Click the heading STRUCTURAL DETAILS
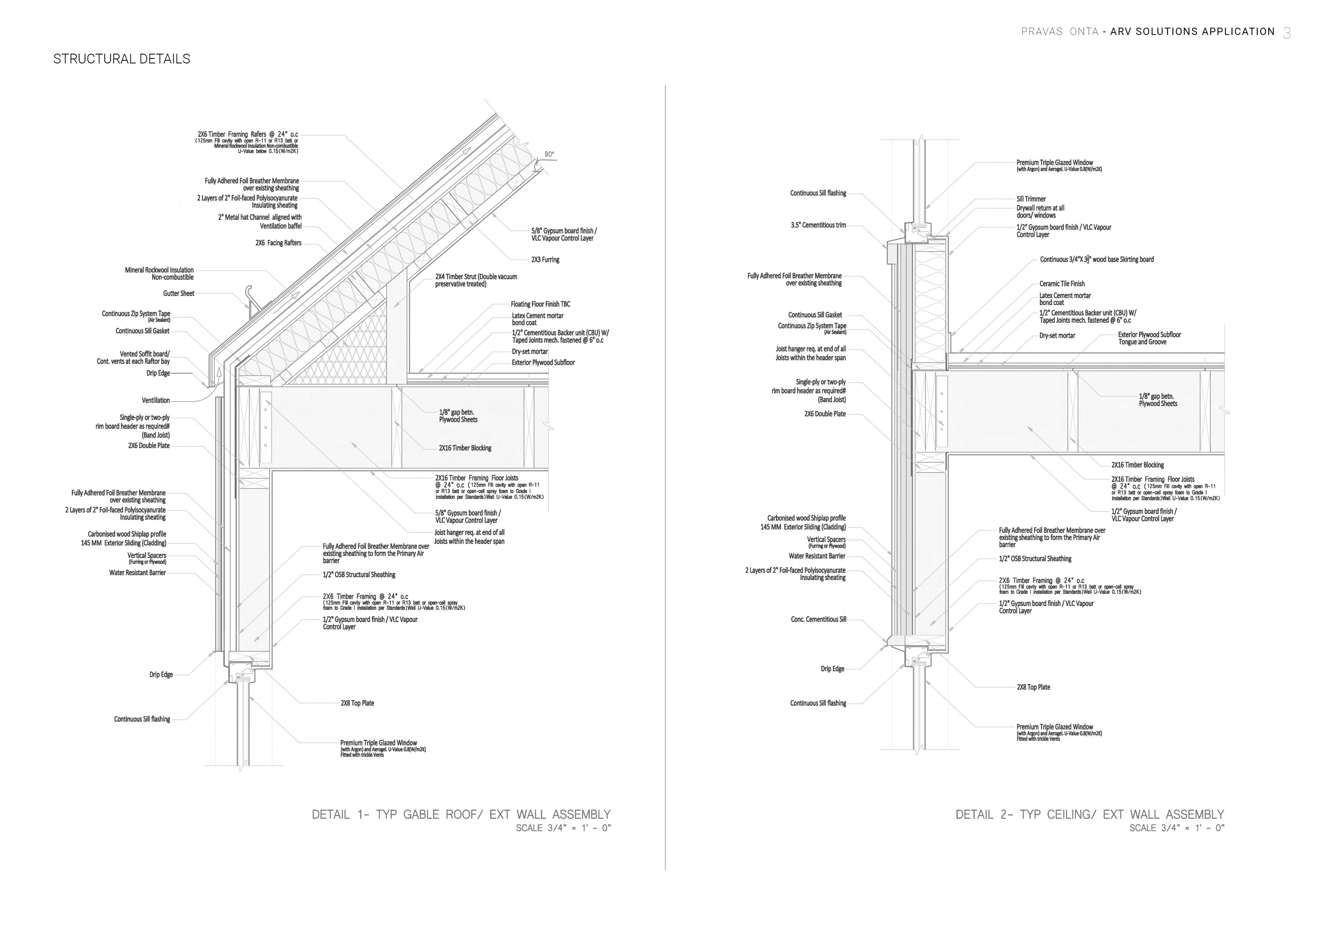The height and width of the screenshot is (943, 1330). click(x=121, y=59)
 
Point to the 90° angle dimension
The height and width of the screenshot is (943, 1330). click(x=549, y=154)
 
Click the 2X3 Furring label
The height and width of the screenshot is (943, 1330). click(x=545, y=260)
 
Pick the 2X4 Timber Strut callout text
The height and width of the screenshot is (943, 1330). click(x=476, y=280)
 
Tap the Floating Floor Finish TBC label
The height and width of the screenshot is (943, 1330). click(x=540, y=304)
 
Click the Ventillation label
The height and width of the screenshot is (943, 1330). click(x=156, y=401)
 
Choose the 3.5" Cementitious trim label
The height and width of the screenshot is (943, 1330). click(x=818, y=225)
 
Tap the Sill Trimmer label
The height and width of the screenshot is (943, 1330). click(x=1031, y=199)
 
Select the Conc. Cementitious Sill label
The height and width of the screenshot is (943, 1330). click(x=818, y=619)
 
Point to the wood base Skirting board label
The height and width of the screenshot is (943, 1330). click(x=1097, y=260)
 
